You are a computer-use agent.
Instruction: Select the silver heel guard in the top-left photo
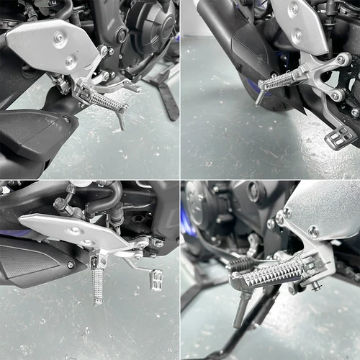(x=54, y=45)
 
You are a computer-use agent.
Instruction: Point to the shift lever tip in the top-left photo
(x=132, y=87)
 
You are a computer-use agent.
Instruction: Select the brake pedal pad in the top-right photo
(x=340, y=135)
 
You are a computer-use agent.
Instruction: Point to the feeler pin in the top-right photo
(x=259, y=99)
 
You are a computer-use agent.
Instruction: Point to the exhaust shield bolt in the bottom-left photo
(x=71, y=264)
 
